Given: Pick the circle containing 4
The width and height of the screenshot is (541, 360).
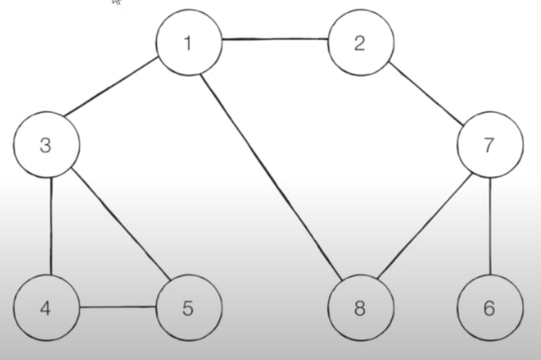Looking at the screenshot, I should [46, 308].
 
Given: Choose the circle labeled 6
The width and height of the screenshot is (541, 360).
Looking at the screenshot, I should [490, 308].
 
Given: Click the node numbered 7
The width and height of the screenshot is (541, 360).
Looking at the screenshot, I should [490, 146].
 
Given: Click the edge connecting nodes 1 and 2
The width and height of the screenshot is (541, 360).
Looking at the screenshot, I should [275, 39].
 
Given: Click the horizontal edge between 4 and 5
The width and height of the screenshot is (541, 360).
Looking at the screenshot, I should [118, 307].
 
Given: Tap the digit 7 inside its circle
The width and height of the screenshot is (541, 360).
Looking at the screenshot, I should [489, 145].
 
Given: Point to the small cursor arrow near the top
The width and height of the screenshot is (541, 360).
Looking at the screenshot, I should [118, 2].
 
